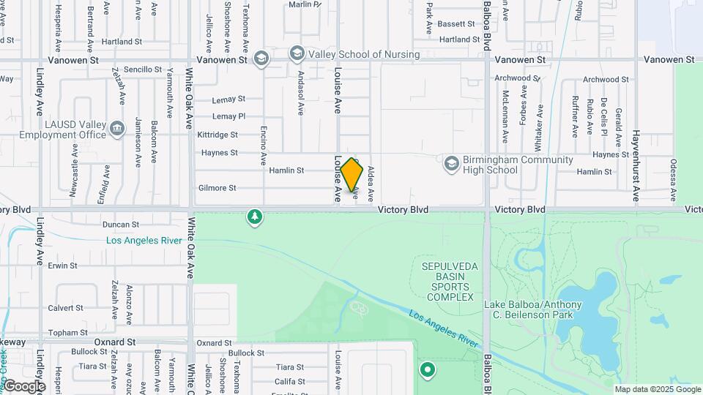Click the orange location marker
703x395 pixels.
pos(352,174)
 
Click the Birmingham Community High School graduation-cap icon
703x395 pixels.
pos(451,162)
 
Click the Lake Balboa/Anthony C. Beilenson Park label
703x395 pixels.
pos(533,310)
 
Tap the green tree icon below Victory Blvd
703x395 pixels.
pos(255,217)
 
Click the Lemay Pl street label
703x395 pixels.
pos(228,116)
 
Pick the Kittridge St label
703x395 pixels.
pos(218,135)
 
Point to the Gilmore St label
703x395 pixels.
pos(217,188)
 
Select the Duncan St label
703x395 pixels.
pos(120,225)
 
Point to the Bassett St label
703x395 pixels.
pos(457,24)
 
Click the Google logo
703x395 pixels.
pos(23,386)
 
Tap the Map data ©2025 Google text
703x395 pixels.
pos(657,389)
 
